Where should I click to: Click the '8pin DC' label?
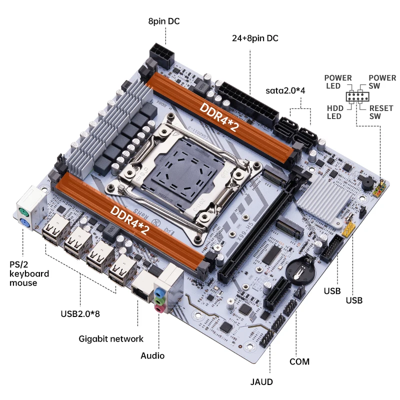[163, 21]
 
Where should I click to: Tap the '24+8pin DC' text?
[255, 38]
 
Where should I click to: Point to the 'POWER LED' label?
[338, 82]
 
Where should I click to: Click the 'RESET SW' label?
[381, 112]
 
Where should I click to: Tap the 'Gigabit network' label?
[111, 338]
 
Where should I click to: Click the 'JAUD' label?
[261, 382]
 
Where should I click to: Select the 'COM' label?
[299, 361]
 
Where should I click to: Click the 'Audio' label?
[152, 355]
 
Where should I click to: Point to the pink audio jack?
[159, 309]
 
